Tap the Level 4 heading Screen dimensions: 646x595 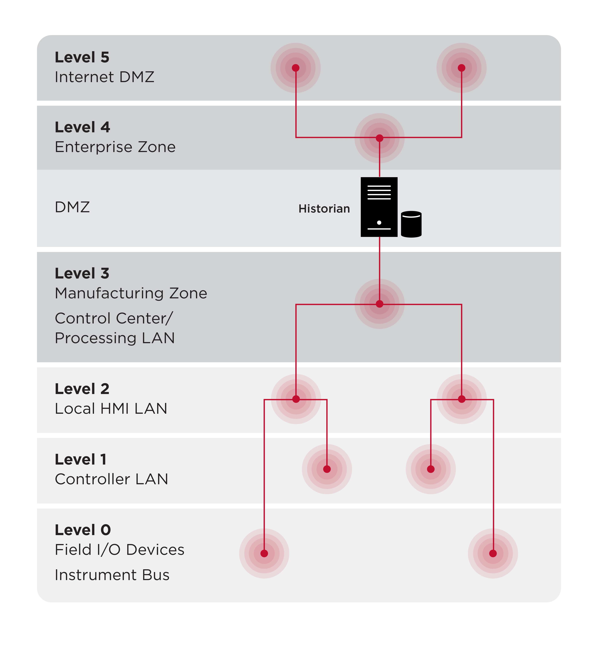coord(82,127)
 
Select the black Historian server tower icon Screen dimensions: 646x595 coord(379,207)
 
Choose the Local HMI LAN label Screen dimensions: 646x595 coord(111,408)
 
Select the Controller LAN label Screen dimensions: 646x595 coord(111,479)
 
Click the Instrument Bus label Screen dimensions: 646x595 coord(112,575)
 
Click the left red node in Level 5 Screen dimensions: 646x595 coord(295,68)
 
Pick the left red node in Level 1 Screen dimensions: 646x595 coord(327,469)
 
